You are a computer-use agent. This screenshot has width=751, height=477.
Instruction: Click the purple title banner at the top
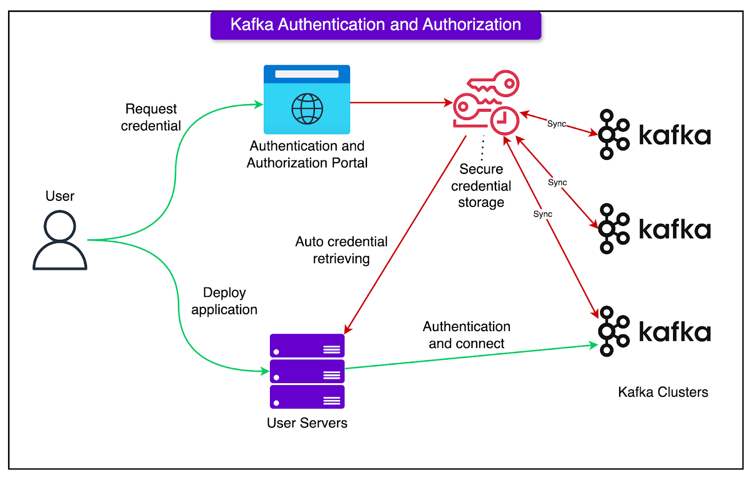tap(375, 25)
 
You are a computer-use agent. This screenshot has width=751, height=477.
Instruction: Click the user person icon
tap(60, 240)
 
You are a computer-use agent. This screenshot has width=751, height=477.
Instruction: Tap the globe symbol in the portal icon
tap(307, 109)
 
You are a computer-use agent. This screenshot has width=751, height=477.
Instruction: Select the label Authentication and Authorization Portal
tap(307, 154)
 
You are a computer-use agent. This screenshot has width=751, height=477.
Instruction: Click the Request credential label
tap(151, 117)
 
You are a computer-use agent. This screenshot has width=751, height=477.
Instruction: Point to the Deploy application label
tap(224, 301)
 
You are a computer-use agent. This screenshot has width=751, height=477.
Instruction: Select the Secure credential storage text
tap(481, 186)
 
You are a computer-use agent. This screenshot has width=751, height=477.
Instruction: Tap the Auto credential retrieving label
tap(341, 250)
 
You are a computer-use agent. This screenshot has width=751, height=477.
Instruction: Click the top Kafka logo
tap(654, 135)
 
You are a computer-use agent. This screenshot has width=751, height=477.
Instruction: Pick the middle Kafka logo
tap(654, 229)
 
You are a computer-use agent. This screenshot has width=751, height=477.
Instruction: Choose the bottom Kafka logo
tap(654, 332)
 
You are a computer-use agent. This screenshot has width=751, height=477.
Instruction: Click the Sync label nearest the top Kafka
tap(557, 124)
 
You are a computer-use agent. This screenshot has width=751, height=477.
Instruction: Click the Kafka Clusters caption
tap(663, 392)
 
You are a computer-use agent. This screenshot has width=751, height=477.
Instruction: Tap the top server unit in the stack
tap(307, 346)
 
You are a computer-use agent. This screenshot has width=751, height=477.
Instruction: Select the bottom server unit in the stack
tap(307, 397)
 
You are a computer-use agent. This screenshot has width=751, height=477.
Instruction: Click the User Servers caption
tap(307, 423)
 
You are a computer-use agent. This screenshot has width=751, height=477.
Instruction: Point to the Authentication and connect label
tap(466, 335)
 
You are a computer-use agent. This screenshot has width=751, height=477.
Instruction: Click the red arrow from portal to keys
tap(399, 102)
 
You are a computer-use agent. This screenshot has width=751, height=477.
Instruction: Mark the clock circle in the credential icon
tap(505, 121)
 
